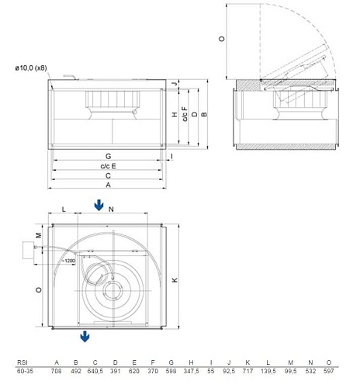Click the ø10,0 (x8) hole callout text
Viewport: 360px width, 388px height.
[x=31, y=68]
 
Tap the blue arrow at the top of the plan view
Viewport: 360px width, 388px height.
[x=99, y=206]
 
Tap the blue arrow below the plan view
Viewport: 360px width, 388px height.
[x=85, y=336]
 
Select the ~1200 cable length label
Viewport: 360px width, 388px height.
[x=68, y=261]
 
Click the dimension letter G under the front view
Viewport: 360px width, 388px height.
[x=108, y=156]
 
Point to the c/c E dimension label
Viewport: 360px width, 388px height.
[x=108, y=166]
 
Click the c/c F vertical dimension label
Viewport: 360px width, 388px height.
[x=185, y=114]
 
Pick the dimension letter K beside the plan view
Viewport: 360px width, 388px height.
[x=175, y=280]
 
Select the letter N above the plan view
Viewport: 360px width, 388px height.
[x=111, y=210]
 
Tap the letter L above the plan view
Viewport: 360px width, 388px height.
[x=64, y=209]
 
